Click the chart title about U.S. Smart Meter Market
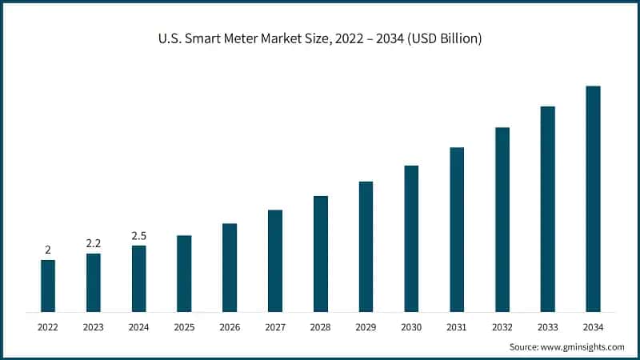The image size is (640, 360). point(320,38)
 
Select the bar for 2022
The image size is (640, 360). point(48,286)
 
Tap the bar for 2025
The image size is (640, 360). point(184,274)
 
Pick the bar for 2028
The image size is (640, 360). point(320,254)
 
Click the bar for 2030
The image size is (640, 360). point(411,238)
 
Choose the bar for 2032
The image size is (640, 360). point(502,219)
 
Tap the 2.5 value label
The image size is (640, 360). point(138,236)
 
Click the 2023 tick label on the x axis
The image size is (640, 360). point(94,327)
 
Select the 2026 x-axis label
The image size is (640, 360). point(230,327)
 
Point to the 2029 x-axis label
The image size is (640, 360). point(366,327)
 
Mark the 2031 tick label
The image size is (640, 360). point(457,327)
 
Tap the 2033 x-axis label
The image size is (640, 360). point(547,327)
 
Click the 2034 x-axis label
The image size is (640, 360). point(593,327)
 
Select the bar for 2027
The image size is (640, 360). point(275,261)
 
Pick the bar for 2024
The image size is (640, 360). point(138,278)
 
